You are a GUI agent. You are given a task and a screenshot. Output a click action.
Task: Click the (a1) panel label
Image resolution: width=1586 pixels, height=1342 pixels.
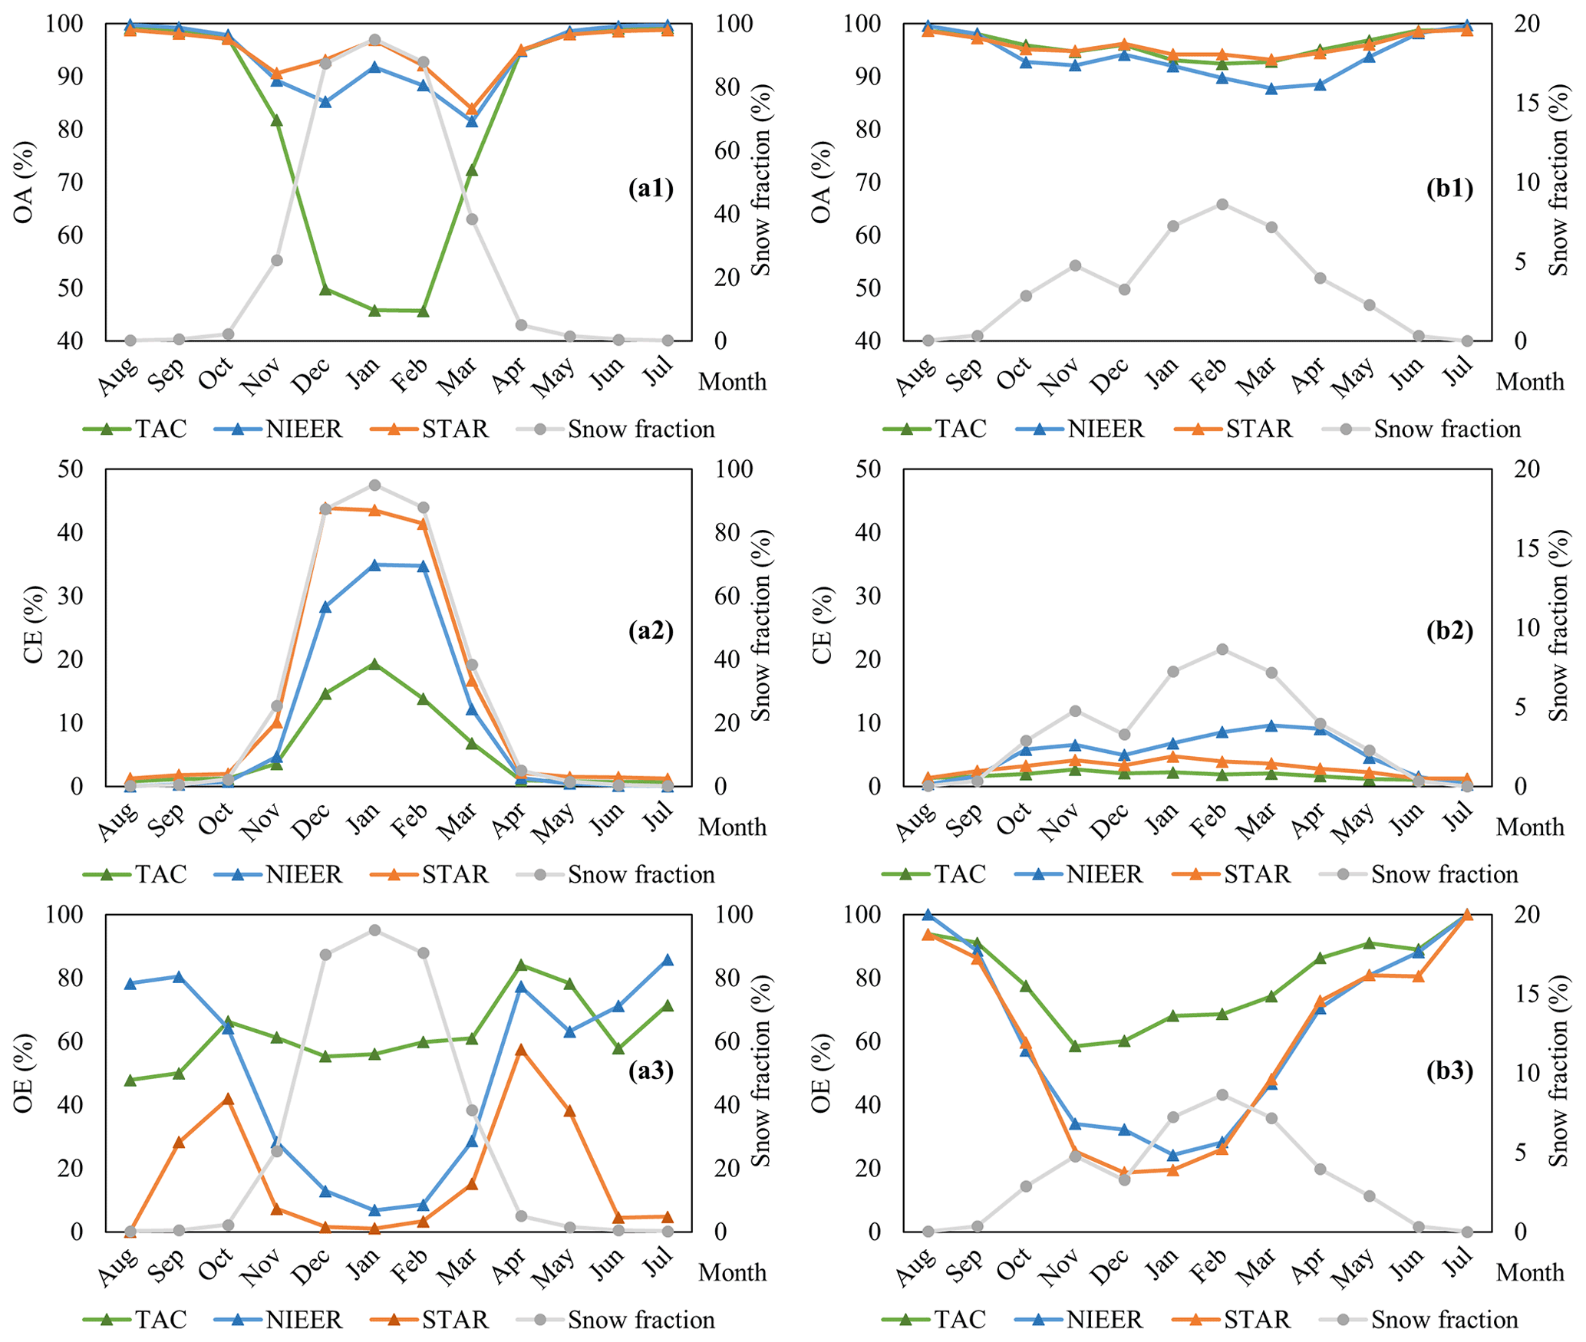pyautogui.click(x=650, y=189)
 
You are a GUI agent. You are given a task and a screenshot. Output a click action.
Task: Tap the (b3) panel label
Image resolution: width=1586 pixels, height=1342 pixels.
pyautogui.click(x=1449, y=1070)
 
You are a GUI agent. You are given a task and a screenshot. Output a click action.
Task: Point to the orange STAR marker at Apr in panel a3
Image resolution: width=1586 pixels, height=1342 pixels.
pyautogui.click(x=521, y=1050)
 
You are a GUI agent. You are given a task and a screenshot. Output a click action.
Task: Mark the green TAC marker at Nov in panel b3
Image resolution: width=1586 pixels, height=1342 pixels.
pyautogui.click(x=1075, y=1045)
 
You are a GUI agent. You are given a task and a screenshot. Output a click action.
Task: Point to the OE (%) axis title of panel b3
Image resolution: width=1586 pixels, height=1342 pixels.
pyautogui.click(x=822, y=1072)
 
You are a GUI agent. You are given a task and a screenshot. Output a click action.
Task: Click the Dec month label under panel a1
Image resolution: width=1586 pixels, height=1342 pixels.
pyautogui.click(x=313, y=377)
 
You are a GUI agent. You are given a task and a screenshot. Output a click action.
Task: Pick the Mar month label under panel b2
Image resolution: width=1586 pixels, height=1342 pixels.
pyautogui.click(x=1258, y=822)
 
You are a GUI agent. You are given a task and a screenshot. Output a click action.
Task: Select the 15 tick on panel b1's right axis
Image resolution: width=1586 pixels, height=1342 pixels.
pyautogui.click(x=1528, y=104)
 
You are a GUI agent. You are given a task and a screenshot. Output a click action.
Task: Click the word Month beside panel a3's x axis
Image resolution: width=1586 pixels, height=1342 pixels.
pyautogui.click(x=732, y=1273)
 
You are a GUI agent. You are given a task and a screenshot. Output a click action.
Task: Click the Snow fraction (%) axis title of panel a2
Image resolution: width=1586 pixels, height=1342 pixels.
pyautogui.click(x=760, y=626)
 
